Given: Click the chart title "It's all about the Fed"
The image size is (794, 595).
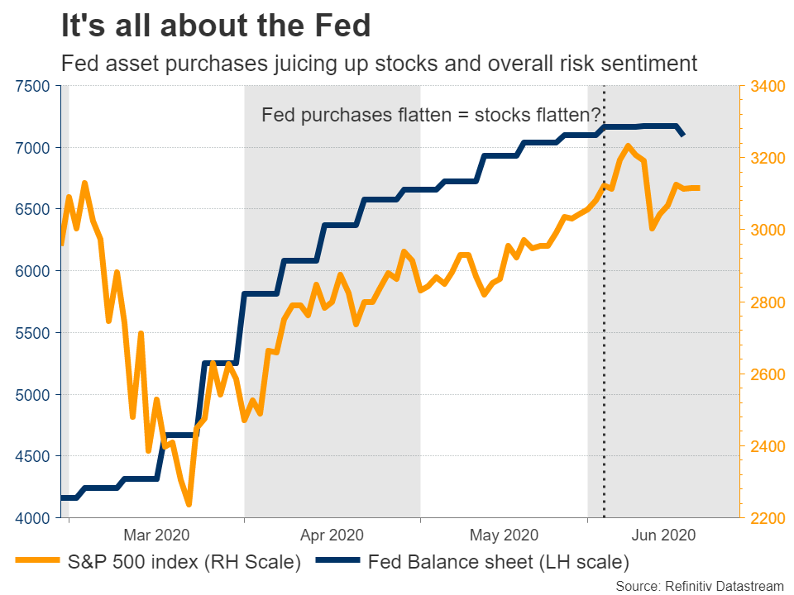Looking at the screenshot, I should point(215,26).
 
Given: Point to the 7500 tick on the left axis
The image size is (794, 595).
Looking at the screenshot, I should point(34,86).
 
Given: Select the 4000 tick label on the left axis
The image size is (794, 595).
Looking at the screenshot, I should point(34,518).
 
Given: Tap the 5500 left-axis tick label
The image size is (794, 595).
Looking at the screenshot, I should point(34,333).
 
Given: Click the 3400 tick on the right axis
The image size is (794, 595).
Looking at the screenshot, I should point(768,86).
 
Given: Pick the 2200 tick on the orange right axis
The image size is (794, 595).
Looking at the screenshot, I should point(768,518).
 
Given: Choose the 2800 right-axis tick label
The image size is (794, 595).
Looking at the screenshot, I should point(768,302).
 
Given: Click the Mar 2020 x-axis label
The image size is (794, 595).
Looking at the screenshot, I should point(156,535).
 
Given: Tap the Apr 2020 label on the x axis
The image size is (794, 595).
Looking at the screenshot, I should point(331,535).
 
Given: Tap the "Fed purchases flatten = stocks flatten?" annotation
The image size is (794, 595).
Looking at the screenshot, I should point(431,115).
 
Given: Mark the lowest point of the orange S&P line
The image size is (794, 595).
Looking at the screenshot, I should point(189,504).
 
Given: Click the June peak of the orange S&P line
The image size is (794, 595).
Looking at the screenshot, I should point(629,146).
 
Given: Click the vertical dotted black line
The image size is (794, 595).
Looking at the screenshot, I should point(604,331).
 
